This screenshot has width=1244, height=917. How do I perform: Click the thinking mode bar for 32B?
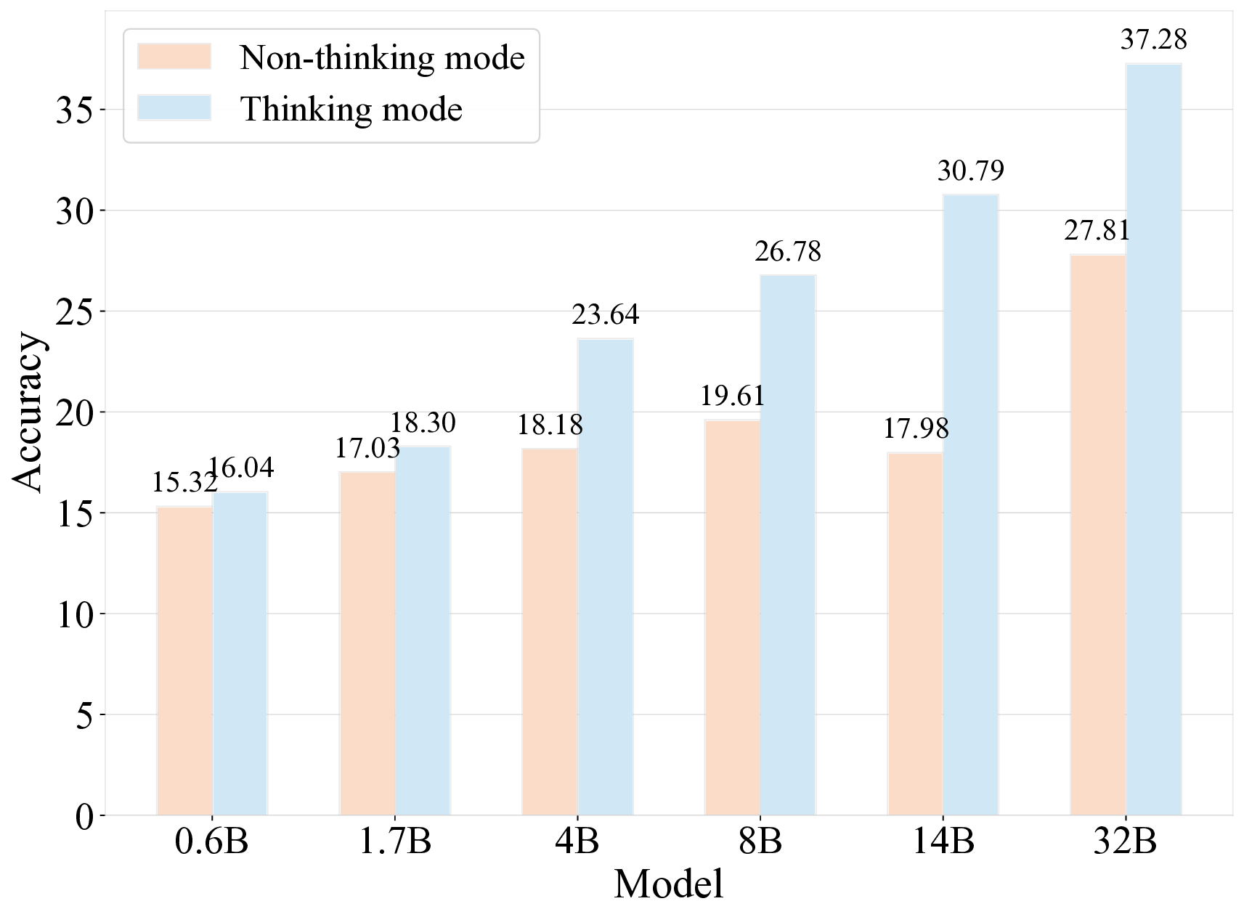tap(1153, 439)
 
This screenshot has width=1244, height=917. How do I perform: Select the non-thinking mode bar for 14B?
tap(915, 634)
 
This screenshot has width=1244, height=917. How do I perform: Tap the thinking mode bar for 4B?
tap(606, 576)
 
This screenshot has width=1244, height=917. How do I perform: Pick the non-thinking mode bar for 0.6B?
tap(184, 661)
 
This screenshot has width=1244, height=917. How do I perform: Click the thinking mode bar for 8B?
tap(788, 545)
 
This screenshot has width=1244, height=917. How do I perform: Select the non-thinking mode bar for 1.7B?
tap(367, 643)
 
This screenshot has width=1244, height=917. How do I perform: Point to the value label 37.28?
tap(1153, 39)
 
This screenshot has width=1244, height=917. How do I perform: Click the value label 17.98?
tap(915, 428)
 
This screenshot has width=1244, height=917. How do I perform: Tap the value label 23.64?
tap(606, 314)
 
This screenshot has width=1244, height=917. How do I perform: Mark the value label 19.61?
tap(732, 396)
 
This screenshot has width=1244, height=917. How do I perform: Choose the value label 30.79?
tap(970, 171)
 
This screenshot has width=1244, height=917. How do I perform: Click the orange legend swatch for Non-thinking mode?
tap(174, 57)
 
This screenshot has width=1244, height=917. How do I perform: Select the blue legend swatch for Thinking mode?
tap(174, 108)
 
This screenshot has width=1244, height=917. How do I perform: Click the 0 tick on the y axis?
tap(85, 816)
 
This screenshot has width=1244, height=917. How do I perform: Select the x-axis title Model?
tap(668, 884)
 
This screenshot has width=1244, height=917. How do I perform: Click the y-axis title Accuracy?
tap(29, 412)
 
